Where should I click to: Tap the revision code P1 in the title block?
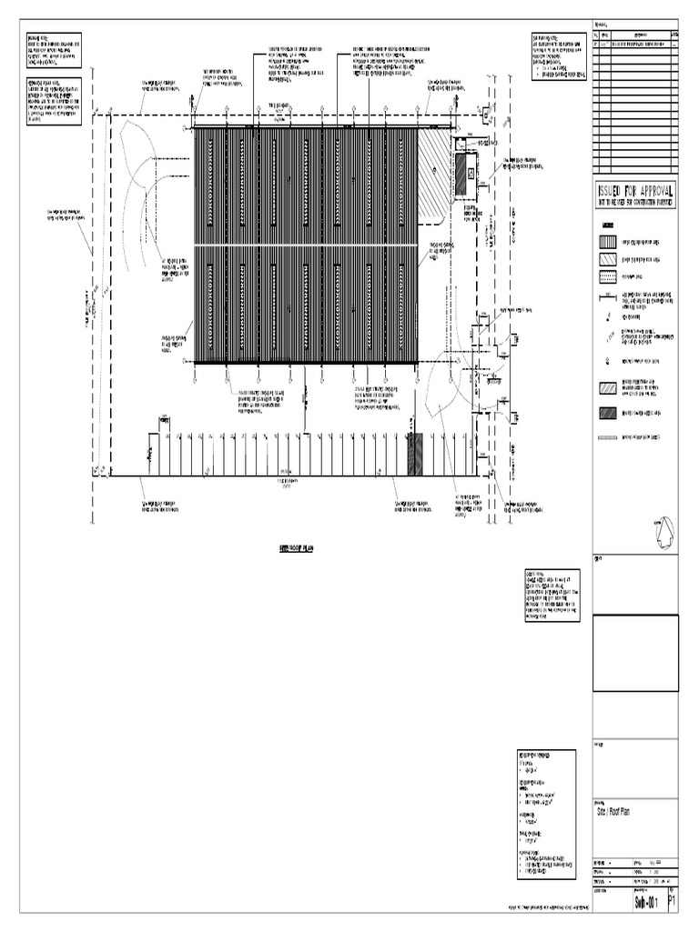pyautogui.click(x=673, y=901)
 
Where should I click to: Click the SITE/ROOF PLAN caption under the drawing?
pyautogui.click(x=290, y=550)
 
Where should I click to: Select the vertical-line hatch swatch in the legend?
pyautogui.click(x=607, y=242)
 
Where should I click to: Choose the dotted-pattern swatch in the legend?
pyautogui.click(x=607, y=437)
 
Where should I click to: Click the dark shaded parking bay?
pyautogui.click(x=415, y=454)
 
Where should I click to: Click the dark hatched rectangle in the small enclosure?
pyautogui.click(x=461, y=173)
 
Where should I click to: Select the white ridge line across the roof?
pyautogui.click(x=306, y=245)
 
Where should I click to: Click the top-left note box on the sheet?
pyautogui.click(x=54, y=50)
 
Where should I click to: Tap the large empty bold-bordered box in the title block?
pyautogui.click(x=635, y=654)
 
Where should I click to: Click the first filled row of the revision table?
pyautogui.click(x=635, y=43)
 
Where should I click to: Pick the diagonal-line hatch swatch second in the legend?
pyautogui.click(x=607, y=259)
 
